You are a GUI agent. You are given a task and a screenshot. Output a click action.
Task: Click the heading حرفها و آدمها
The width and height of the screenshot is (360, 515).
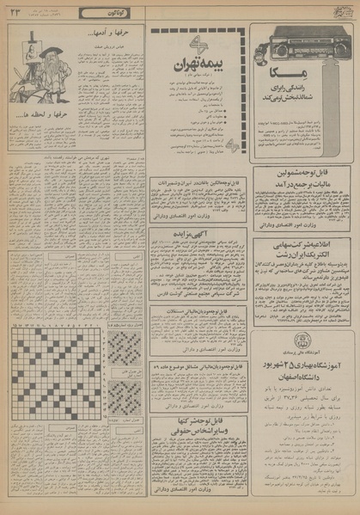click(100, 37)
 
